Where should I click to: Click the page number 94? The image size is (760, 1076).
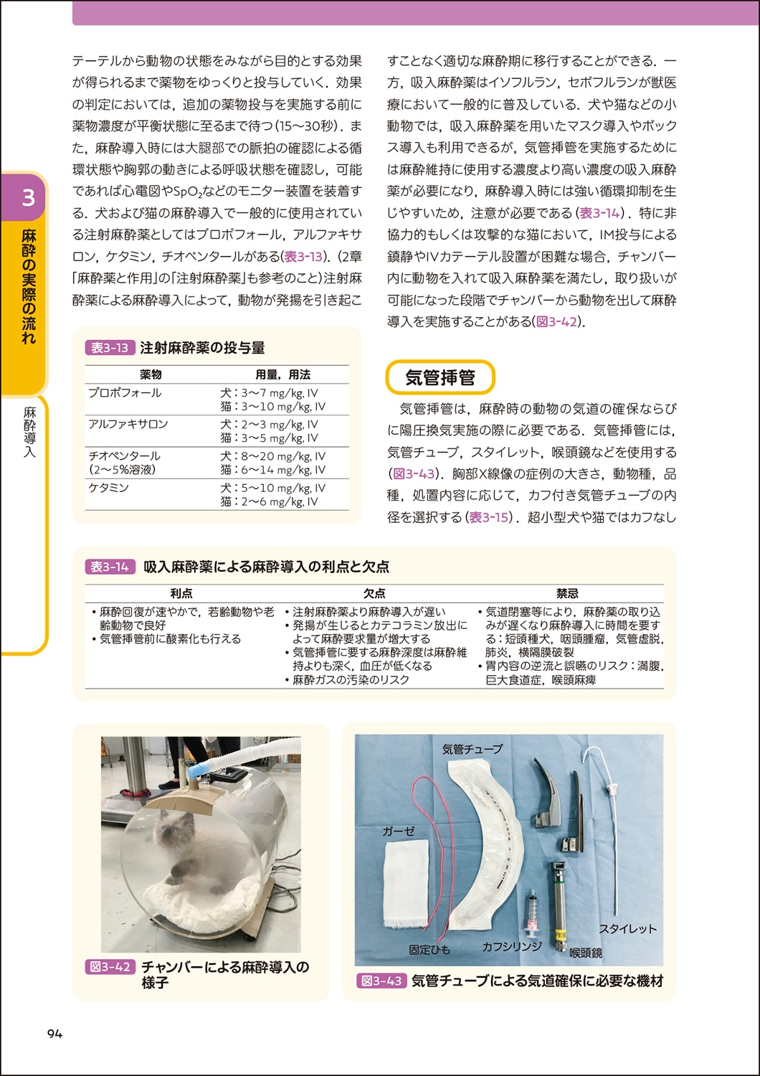[54, 1034]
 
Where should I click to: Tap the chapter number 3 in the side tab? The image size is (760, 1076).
[28, 197]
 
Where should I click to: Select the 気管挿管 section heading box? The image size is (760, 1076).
[440, 377]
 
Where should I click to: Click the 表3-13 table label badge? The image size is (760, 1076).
[110, 348]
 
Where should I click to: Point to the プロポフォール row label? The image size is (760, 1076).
[125, 393]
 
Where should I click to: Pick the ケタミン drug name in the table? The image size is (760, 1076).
[108, 488]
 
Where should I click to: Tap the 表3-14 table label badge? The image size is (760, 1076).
[110, 567]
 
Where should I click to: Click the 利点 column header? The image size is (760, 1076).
[181, 593]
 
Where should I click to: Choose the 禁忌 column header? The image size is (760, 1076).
[567, 593]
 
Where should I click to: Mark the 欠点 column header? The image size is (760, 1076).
[374, 593]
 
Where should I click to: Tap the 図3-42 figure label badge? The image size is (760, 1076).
[110, 967]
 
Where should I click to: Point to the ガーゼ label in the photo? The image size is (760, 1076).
[399, 831]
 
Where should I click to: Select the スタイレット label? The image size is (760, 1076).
[627, 928]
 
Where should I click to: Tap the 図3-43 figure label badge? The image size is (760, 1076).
[381, 981]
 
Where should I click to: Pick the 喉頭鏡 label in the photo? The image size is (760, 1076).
[586, 953]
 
